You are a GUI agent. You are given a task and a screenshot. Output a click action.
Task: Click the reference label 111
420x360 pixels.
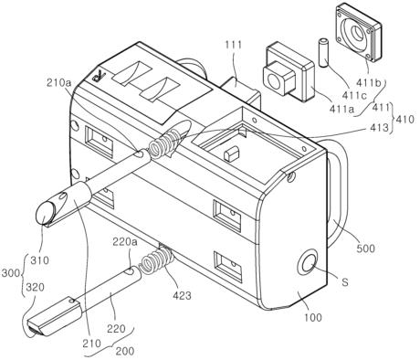[234, 45]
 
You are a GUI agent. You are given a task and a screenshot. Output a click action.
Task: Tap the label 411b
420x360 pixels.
[369, 83]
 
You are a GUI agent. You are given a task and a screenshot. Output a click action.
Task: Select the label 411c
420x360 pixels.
[353, 95]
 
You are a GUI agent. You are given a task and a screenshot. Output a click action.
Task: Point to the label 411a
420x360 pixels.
[341, 108]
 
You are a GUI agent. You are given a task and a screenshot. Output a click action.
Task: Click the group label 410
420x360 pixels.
[404, 119]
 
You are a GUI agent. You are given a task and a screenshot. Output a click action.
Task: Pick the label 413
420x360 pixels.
[380, 128]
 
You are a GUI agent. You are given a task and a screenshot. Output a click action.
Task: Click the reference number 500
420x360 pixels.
[365, 249]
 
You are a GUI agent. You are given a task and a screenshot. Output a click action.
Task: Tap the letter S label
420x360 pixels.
[344, 282]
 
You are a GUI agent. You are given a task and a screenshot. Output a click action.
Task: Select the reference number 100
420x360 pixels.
[312, 317]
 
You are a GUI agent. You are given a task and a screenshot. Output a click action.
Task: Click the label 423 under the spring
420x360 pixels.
[182, 295]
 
